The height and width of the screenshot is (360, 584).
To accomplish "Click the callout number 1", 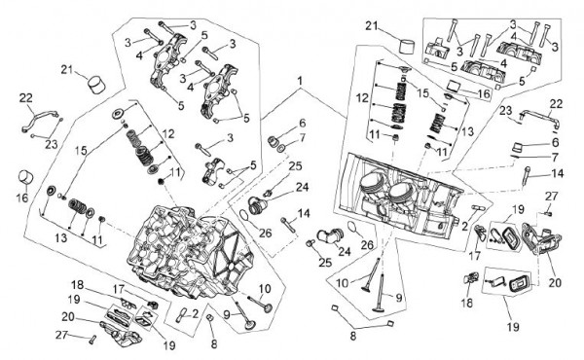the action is tap(300, 81).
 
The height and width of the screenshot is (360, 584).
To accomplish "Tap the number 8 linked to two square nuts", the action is tap(352, 336).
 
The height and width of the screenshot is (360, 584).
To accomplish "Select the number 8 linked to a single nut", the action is tap(213, 344).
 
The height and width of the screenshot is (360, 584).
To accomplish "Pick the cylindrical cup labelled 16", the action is tap(25, 177).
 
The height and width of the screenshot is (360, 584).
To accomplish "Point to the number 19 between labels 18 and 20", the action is tap(74, 300).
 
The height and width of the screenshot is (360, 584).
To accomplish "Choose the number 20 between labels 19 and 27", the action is tap(68, 317).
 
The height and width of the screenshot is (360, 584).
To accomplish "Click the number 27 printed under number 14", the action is tap(552, 197).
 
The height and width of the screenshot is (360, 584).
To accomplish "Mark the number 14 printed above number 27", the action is tap(558, 173).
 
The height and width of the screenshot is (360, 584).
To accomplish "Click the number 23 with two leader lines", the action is tap(51, 144).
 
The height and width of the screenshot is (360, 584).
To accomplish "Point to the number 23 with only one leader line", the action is tap(506, 111).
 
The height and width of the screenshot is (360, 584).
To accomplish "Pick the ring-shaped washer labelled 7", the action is tap(281, 149).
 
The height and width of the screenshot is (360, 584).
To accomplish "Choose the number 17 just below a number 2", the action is tap(475, 256).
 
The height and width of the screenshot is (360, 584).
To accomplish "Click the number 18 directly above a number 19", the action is tap(78, 285).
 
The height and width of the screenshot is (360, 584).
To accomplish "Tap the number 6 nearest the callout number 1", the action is tap(302, 124).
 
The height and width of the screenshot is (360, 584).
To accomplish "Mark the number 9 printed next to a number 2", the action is tap(227, 315).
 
